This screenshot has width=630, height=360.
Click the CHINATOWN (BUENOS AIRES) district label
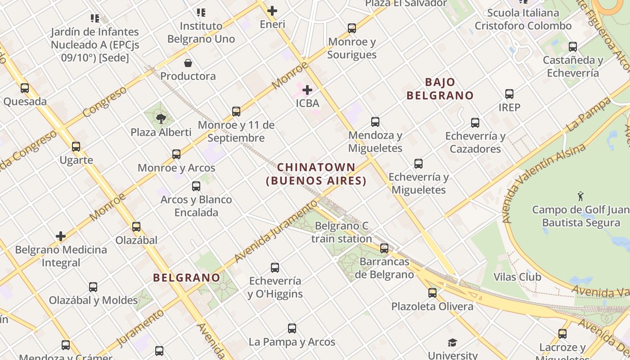(x=316, y=174)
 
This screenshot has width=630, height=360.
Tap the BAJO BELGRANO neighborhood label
(x=440, y=89)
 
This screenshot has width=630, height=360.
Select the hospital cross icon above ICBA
(x=307, y=90)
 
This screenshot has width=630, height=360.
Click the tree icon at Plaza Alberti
(x=161, y=119)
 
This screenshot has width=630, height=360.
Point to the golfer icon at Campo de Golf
(x=580, y=196)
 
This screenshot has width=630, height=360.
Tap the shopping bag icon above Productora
(x=188, y=63)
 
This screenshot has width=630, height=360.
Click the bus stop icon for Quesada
(x=25, y=88)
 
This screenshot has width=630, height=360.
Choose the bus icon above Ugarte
(x=76, y=146)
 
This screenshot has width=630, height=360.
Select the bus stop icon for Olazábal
(x=136, y=227)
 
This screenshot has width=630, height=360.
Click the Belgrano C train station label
(x=342, y=232)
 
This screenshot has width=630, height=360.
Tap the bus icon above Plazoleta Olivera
(x=432, y=293)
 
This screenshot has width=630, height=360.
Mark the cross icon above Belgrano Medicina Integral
(x=61, y=236)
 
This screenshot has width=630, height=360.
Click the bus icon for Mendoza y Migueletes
(x=375, y=122)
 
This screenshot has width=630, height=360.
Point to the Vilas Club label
(x=517, y=277)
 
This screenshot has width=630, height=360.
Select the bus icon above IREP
(x=509, y=94)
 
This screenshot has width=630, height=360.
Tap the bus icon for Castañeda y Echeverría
(x=573, y=47)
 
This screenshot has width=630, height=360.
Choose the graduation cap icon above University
(x=452, y=342)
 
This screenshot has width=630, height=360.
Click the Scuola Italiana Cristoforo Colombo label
(x=523, y=19)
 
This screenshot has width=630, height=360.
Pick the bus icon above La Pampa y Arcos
(x=292, y=328)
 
